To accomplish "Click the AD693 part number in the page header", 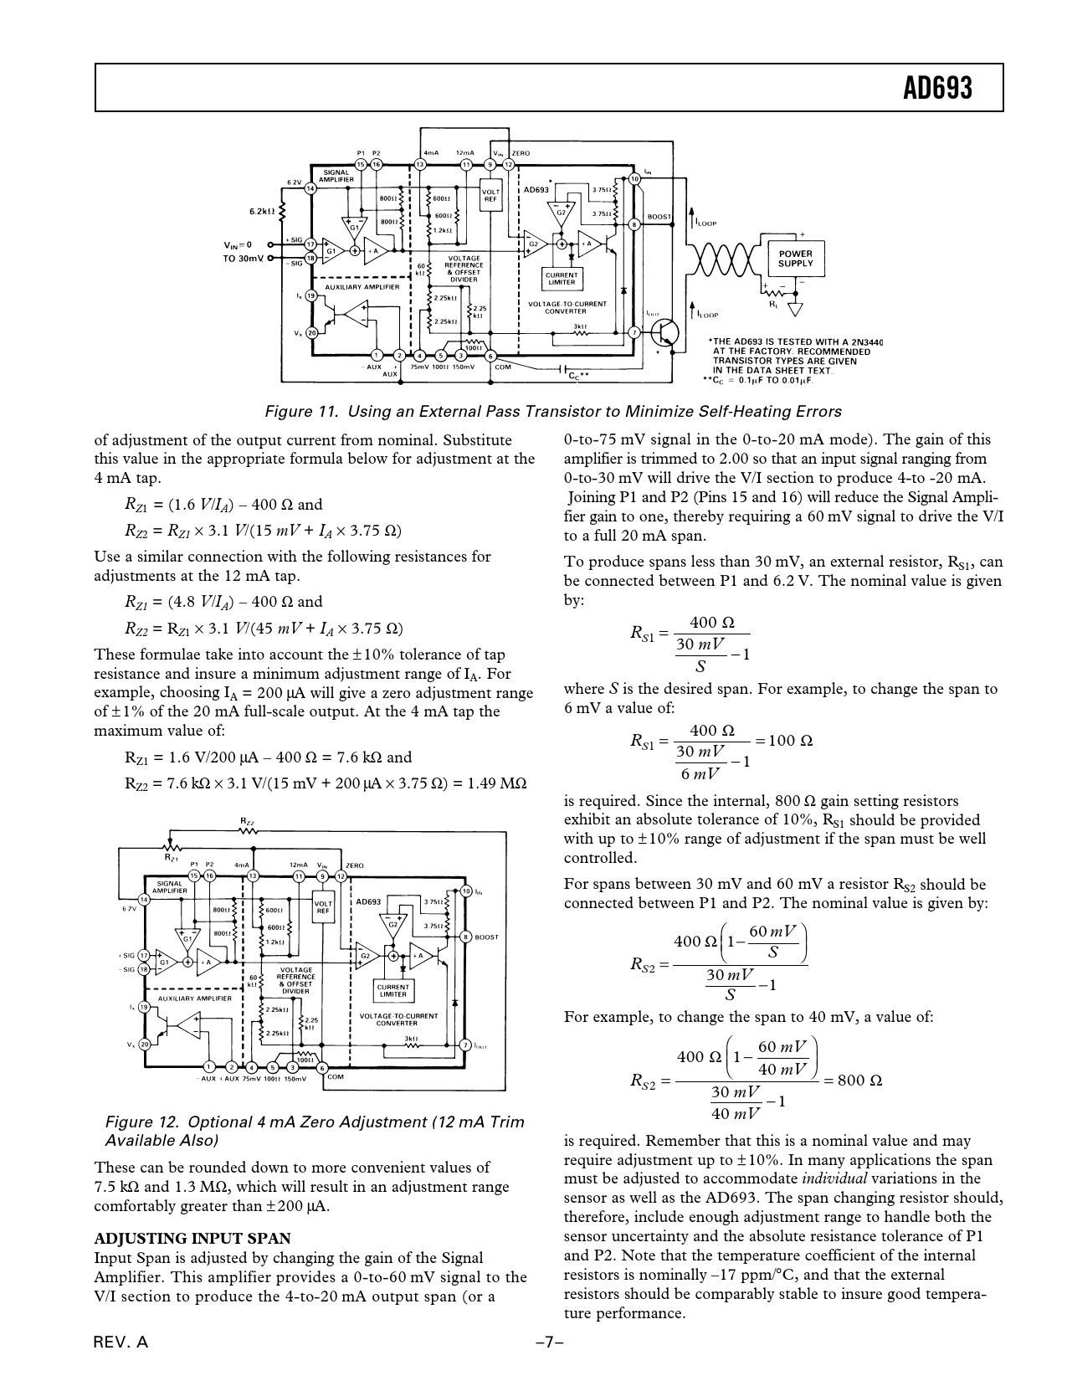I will [939, 86].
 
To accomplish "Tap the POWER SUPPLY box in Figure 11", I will [795, 258].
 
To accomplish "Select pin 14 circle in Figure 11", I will [310, 189].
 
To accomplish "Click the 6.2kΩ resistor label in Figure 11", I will [262, 211].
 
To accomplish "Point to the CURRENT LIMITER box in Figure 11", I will [562, 278].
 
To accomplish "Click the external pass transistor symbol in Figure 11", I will [665, 331].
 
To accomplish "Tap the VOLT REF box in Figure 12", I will [323, 907].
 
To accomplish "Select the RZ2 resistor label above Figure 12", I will [247, 823].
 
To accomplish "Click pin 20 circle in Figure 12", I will [144, 1044].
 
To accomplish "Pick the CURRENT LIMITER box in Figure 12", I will [392, 991].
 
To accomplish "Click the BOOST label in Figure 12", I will [486, 937].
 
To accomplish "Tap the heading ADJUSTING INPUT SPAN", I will [192, 1239].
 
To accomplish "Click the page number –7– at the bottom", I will [549, 1342].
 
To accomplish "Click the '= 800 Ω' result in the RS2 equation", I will [853, 1080].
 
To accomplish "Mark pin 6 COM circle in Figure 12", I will [322, 1067].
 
